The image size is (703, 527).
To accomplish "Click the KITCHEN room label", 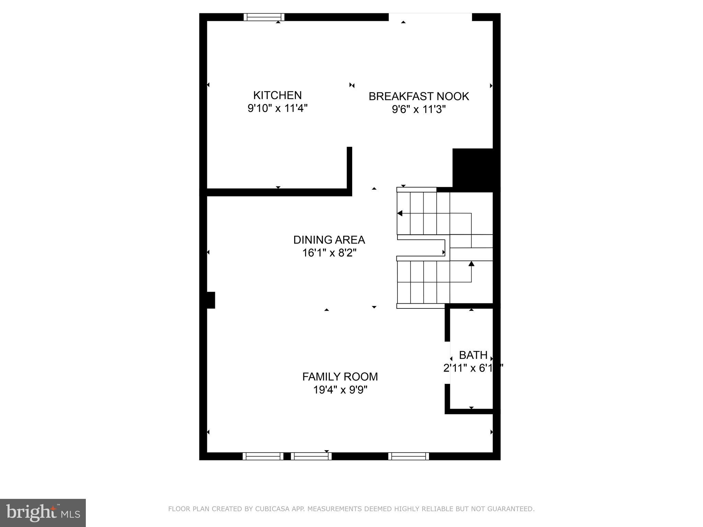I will tap(277, 95).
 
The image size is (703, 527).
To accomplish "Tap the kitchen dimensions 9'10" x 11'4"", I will tap(277, 108).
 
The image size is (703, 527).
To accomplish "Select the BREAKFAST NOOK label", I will tap(419, 96).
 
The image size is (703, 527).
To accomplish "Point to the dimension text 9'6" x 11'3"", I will tap(419, 109).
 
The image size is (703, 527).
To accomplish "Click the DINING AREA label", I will tap(329, 240).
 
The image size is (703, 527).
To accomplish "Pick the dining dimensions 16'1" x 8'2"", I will tap(329, 253).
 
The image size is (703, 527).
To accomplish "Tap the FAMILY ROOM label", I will tap(340, 377).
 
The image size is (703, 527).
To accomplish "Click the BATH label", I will tap(473, 355).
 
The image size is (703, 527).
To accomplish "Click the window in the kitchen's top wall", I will tap(264, 17).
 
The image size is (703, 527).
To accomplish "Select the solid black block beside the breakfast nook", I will tap(473, 170).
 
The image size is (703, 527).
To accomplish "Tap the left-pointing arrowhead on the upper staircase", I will tap(400, 213).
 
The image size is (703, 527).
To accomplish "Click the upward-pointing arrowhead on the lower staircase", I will tap(471, 263).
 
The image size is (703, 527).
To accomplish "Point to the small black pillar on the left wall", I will tap(210, 300).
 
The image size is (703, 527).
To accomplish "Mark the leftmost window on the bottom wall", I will tap(263, 456).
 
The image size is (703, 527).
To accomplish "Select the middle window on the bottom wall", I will tap(311, 456).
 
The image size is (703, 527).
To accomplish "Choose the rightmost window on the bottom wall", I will tap(408, 456).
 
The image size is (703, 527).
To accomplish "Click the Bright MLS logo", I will tap(43, 513).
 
